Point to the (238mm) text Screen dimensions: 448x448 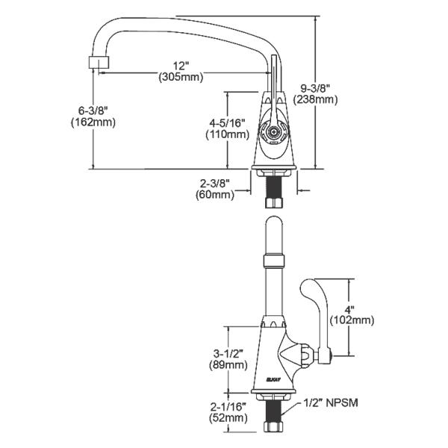[316, 99]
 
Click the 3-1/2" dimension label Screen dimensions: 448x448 [227, 353]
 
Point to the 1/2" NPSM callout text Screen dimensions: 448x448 [332, 403]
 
